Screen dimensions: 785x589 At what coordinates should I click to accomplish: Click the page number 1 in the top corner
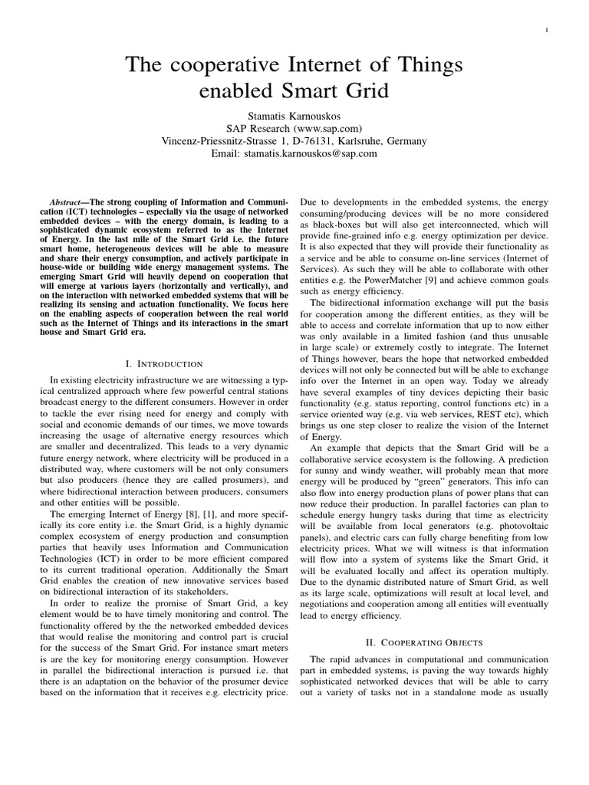click(x=545, y=30)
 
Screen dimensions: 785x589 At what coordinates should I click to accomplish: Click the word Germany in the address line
click(x=400, y=141)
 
